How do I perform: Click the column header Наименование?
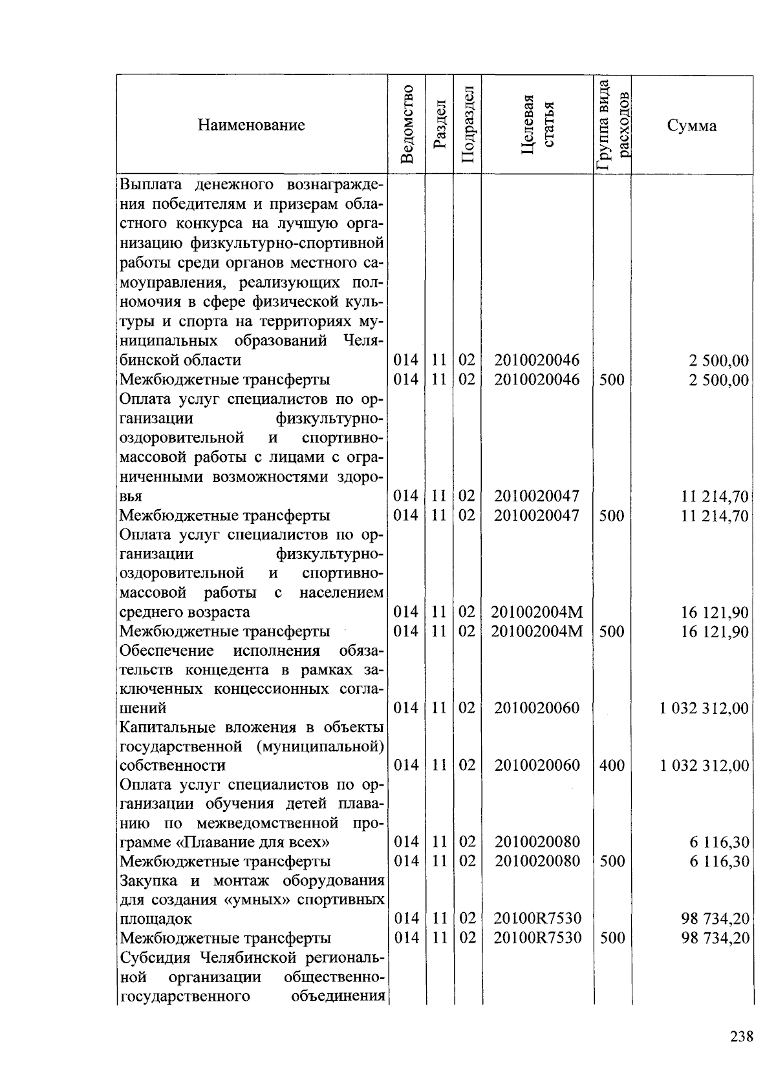(x=251, y=125)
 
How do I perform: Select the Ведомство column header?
(x=407, y=125)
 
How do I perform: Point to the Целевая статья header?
(x=537, y=125)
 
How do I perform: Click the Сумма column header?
(x=691, y=125)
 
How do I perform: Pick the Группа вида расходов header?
(x=613, y=125)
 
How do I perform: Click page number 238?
(x=741, y=1036)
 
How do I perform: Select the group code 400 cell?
(x=612, y=766)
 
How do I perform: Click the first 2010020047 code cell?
(x=537, y=496)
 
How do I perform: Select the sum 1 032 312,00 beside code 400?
(x=704, y=766)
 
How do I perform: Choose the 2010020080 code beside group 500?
(x=537, y=861)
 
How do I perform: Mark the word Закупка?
(x=149, y=881)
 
